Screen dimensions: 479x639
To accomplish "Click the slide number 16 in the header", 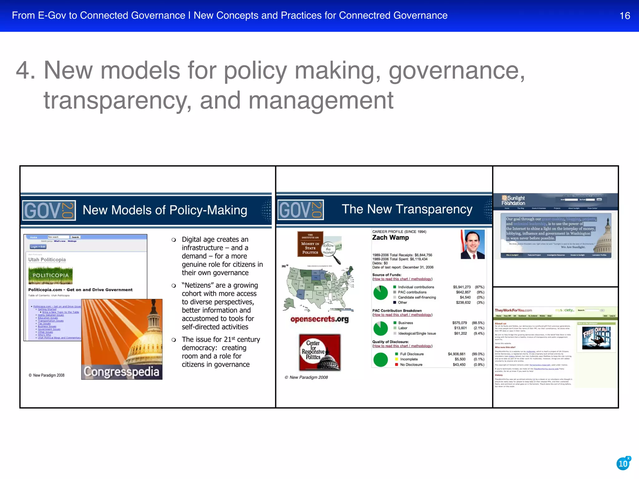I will [x=625, y=16].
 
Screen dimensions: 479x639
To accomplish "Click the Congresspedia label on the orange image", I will [x=122, y=371].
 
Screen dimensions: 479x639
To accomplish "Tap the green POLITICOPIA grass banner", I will [x=51, y=275].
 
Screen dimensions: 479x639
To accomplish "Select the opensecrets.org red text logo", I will [x=319, y=319].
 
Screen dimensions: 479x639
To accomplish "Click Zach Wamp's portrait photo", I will [x=473, y=244].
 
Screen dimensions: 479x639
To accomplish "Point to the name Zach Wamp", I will [x=390, y=238].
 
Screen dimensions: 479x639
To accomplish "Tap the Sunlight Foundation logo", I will [x=513, y=200].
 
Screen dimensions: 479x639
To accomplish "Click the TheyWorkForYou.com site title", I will [x=513, y=310].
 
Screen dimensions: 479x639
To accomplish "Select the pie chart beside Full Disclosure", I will [x=380, y=359].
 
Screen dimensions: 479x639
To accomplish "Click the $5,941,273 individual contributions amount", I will [x=462, y=287].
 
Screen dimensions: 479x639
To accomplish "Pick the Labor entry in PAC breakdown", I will [x=402, y=328].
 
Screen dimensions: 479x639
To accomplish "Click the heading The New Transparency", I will [x=407, y=209].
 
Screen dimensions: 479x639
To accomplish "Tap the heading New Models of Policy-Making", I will [x=165, y=210].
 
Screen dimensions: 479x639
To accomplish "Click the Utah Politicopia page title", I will [x=47, y=259].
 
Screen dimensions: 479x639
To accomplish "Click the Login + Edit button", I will [x=38, y=247].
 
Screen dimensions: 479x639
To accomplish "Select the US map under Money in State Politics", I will [x=320, y=287].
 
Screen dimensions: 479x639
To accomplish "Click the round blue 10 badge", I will [x=623, y=464].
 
